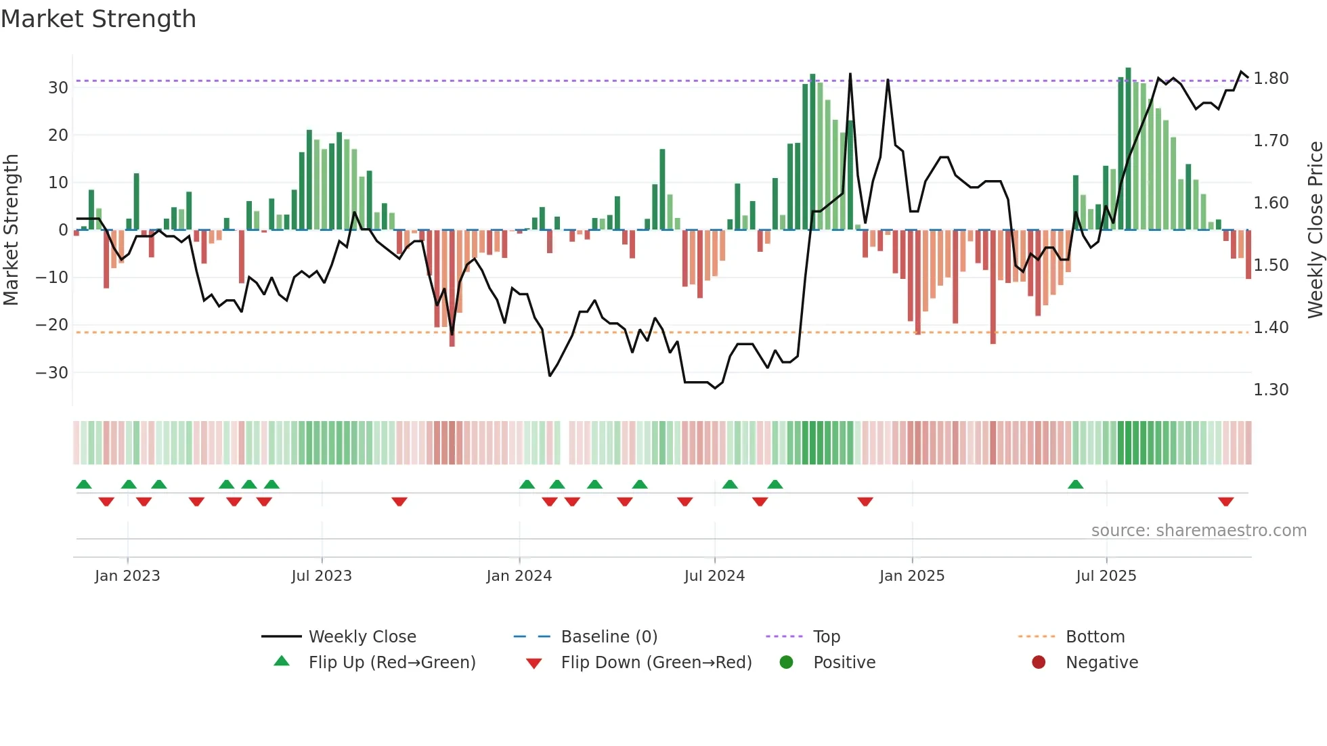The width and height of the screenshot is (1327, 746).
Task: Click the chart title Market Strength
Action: (98, 19)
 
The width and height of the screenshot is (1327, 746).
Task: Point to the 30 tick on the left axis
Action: (58, 88)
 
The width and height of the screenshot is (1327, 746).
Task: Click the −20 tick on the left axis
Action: (52, 325)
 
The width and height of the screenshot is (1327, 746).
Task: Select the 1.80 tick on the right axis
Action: (1271, 79)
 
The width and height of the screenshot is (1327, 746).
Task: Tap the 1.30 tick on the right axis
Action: (1271, 390)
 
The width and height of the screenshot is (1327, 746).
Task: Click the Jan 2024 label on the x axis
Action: (519, 576)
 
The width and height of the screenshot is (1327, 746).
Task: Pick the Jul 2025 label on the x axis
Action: (1106, 576)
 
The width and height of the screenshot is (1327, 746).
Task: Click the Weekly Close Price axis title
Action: (1315, 230)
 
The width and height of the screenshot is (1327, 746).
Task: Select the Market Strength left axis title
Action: (11, 230)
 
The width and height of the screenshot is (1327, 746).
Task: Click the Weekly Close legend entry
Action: (362, 637)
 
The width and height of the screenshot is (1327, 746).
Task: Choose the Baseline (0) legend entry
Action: (609, 637)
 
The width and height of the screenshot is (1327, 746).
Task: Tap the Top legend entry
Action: (826, 637)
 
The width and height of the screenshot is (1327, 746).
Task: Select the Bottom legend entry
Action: (1095, 637)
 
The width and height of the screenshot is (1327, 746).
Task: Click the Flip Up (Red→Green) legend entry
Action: (391, 663)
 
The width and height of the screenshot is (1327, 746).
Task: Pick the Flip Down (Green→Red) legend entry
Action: (655, 663)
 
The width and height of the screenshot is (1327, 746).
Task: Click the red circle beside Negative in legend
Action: (1039, 663)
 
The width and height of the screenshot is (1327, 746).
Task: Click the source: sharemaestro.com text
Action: (1198, 531)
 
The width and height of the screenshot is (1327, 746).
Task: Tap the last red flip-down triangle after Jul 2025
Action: (1225, 502)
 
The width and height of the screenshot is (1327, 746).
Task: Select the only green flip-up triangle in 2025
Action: (1075, 484)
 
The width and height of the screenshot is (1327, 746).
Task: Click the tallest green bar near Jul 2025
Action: (1128, 149)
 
